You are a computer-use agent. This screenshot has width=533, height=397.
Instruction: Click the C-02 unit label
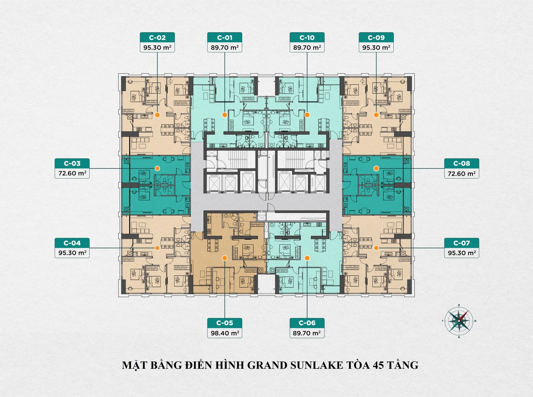157,38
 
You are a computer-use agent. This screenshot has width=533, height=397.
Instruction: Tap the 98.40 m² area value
225,333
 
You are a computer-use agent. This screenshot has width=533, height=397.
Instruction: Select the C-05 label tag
225,323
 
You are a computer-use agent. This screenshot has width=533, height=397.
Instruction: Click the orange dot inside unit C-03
157,169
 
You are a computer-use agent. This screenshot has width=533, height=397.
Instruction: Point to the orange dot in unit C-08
376,169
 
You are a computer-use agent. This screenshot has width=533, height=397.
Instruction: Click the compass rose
459,321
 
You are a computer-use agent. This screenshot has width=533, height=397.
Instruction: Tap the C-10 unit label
307,38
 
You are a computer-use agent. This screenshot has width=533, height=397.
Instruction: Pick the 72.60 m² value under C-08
461,174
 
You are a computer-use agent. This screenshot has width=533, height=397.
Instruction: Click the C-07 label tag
461,243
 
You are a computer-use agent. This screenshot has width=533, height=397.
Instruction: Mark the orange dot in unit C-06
307,258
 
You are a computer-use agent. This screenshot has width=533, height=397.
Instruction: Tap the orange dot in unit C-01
225,115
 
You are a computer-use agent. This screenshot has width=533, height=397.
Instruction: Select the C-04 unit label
72,243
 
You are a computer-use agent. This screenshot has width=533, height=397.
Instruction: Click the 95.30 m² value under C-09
376,48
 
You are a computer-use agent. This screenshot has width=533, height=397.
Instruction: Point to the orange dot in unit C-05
225,258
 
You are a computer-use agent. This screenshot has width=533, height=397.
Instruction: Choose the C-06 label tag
307,323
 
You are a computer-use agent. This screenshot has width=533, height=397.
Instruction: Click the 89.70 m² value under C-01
225,48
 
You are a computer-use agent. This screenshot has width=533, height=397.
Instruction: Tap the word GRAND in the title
267,365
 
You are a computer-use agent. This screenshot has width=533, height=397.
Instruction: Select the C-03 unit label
72,164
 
